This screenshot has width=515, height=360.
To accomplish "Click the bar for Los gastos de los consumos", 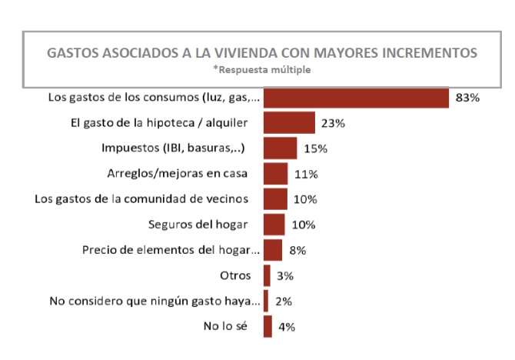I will click(x=356, y=98).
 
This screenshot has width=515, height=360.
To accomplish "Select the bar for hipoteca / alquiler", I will click(x=289, y=123).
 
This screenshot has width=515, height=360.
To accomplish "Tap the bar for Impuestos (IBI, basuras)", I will click(x=280, y=148).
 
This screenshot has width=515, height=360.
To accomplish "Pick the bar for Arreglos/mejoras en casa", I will click(x=275, y=174).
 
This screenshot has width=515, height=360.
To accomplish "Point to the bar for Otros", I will click(x=267, y=275).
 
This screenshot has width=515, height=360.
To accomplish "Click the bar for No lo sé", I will click(x=267, y=326).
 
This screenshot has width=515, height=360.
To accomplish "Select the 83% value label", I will click(x=467, y=98).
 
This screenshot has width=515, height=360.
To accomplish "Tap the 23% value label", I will click(x=333, y=123).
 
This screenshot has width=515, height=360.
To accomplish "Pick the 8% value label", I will click(x=298, y=250).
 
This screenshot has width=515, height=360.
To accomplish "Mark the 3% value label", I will click(x=286, y=275).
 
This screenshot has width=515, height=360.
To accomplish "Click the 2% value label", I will click(x=284, y=301).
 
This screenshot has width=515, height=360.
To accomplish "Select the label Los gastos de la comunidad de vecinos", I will click(x=141, y=199).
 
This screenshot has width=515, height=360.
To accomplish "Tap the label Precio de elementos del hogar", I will click(x=170, y=250).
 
